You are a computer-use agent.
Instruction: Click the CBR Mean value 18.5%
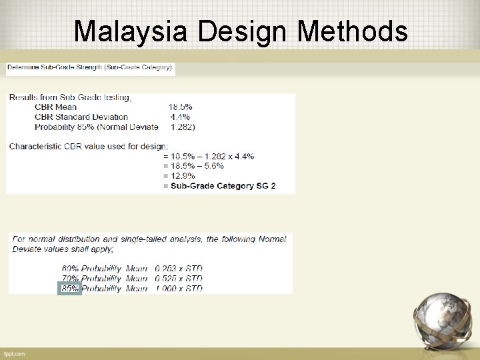(x=180, y=107)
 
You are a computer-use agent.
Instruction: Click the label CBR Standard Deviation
(x=81, y=117)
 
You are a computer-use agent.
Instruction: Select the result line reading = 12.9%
(x=182, y=175)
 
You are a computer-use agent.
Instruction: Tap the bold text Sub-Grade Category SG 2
(x=223, y=185)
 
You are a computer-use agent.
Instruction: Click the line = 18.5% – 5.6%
(x=193, y=165)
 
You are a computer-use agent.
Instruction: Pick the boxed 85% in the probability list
(x=70, y=289)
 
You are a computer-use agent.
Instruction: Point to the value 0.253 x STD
(x=179, y=269)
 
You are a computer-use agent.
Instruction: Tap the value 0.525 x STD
(x=179, y=279)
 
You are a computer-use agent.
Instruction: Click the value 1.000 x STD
(x=179, y=289)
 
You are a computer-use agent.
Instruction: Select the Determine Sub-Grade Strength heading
(x=90, y=67)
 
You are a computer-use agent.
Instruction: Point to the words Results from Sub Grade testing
(x=70, y=97)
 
